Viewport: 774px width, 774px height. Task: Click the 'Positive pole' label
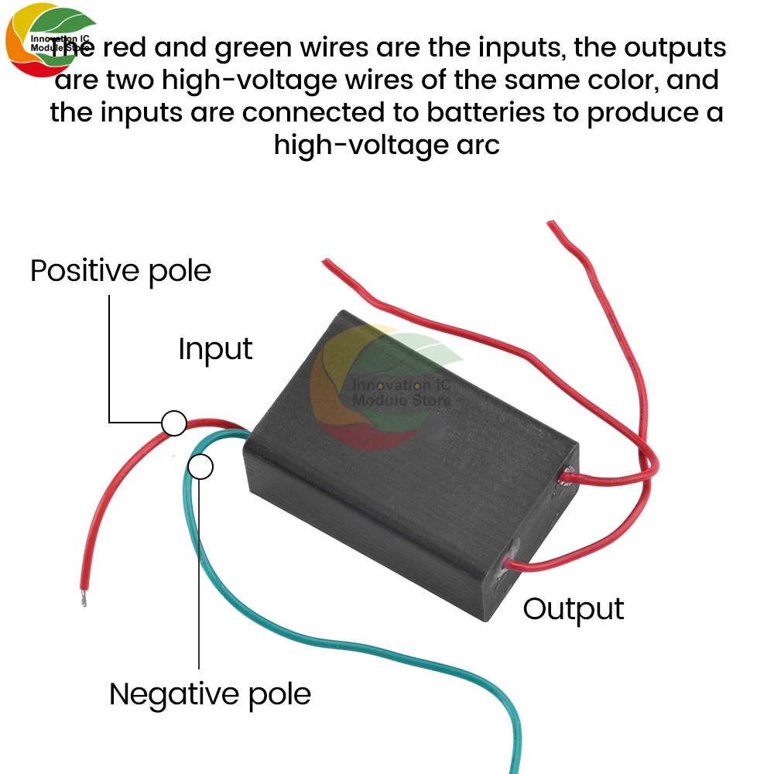point(120,272)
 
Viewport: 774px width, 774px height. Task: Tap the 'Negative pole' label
point(210,694)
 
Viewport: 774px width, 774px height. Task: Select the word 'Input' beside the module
point(215,349)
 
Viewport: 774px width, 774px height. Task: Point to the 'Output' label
point(574,609)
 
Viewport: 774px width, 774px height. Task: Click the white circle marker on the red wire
point(173,423)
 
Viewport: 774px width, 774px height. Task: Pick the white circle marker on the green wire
point(200,467)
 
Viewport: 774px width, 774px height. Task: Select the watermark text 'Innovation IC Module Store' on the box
point(400,392)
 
